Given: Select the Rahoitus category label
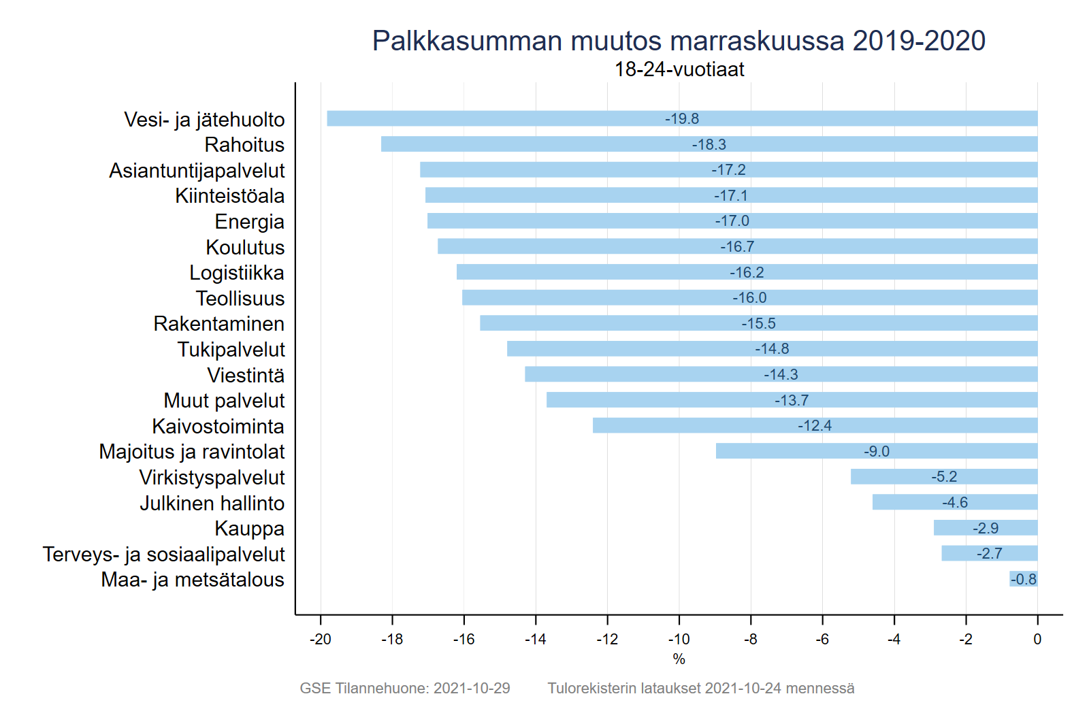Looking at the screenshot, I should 244,145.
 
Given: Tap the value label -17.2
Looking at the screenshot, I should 728,170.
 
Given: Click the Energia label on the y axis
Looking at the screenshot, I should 249,222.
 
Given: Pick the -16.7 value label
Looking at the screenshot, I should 737,246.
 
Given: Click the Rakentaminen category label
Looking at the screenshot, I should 218,324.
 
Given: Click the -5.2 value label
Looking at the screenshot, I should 944,477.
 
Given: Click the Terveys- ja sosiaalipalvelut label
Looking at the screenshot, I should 163,555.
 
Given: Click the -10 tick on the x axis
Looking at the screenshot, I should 679,640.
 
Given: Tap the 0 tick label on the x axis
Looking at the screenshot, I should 1037,640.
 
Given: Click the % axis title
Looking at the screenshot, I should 679,659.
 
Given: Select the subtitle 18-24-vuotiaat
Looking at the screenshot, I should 679,69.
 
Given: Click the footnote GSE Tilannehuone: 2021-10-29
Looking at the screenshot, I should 405,689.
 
